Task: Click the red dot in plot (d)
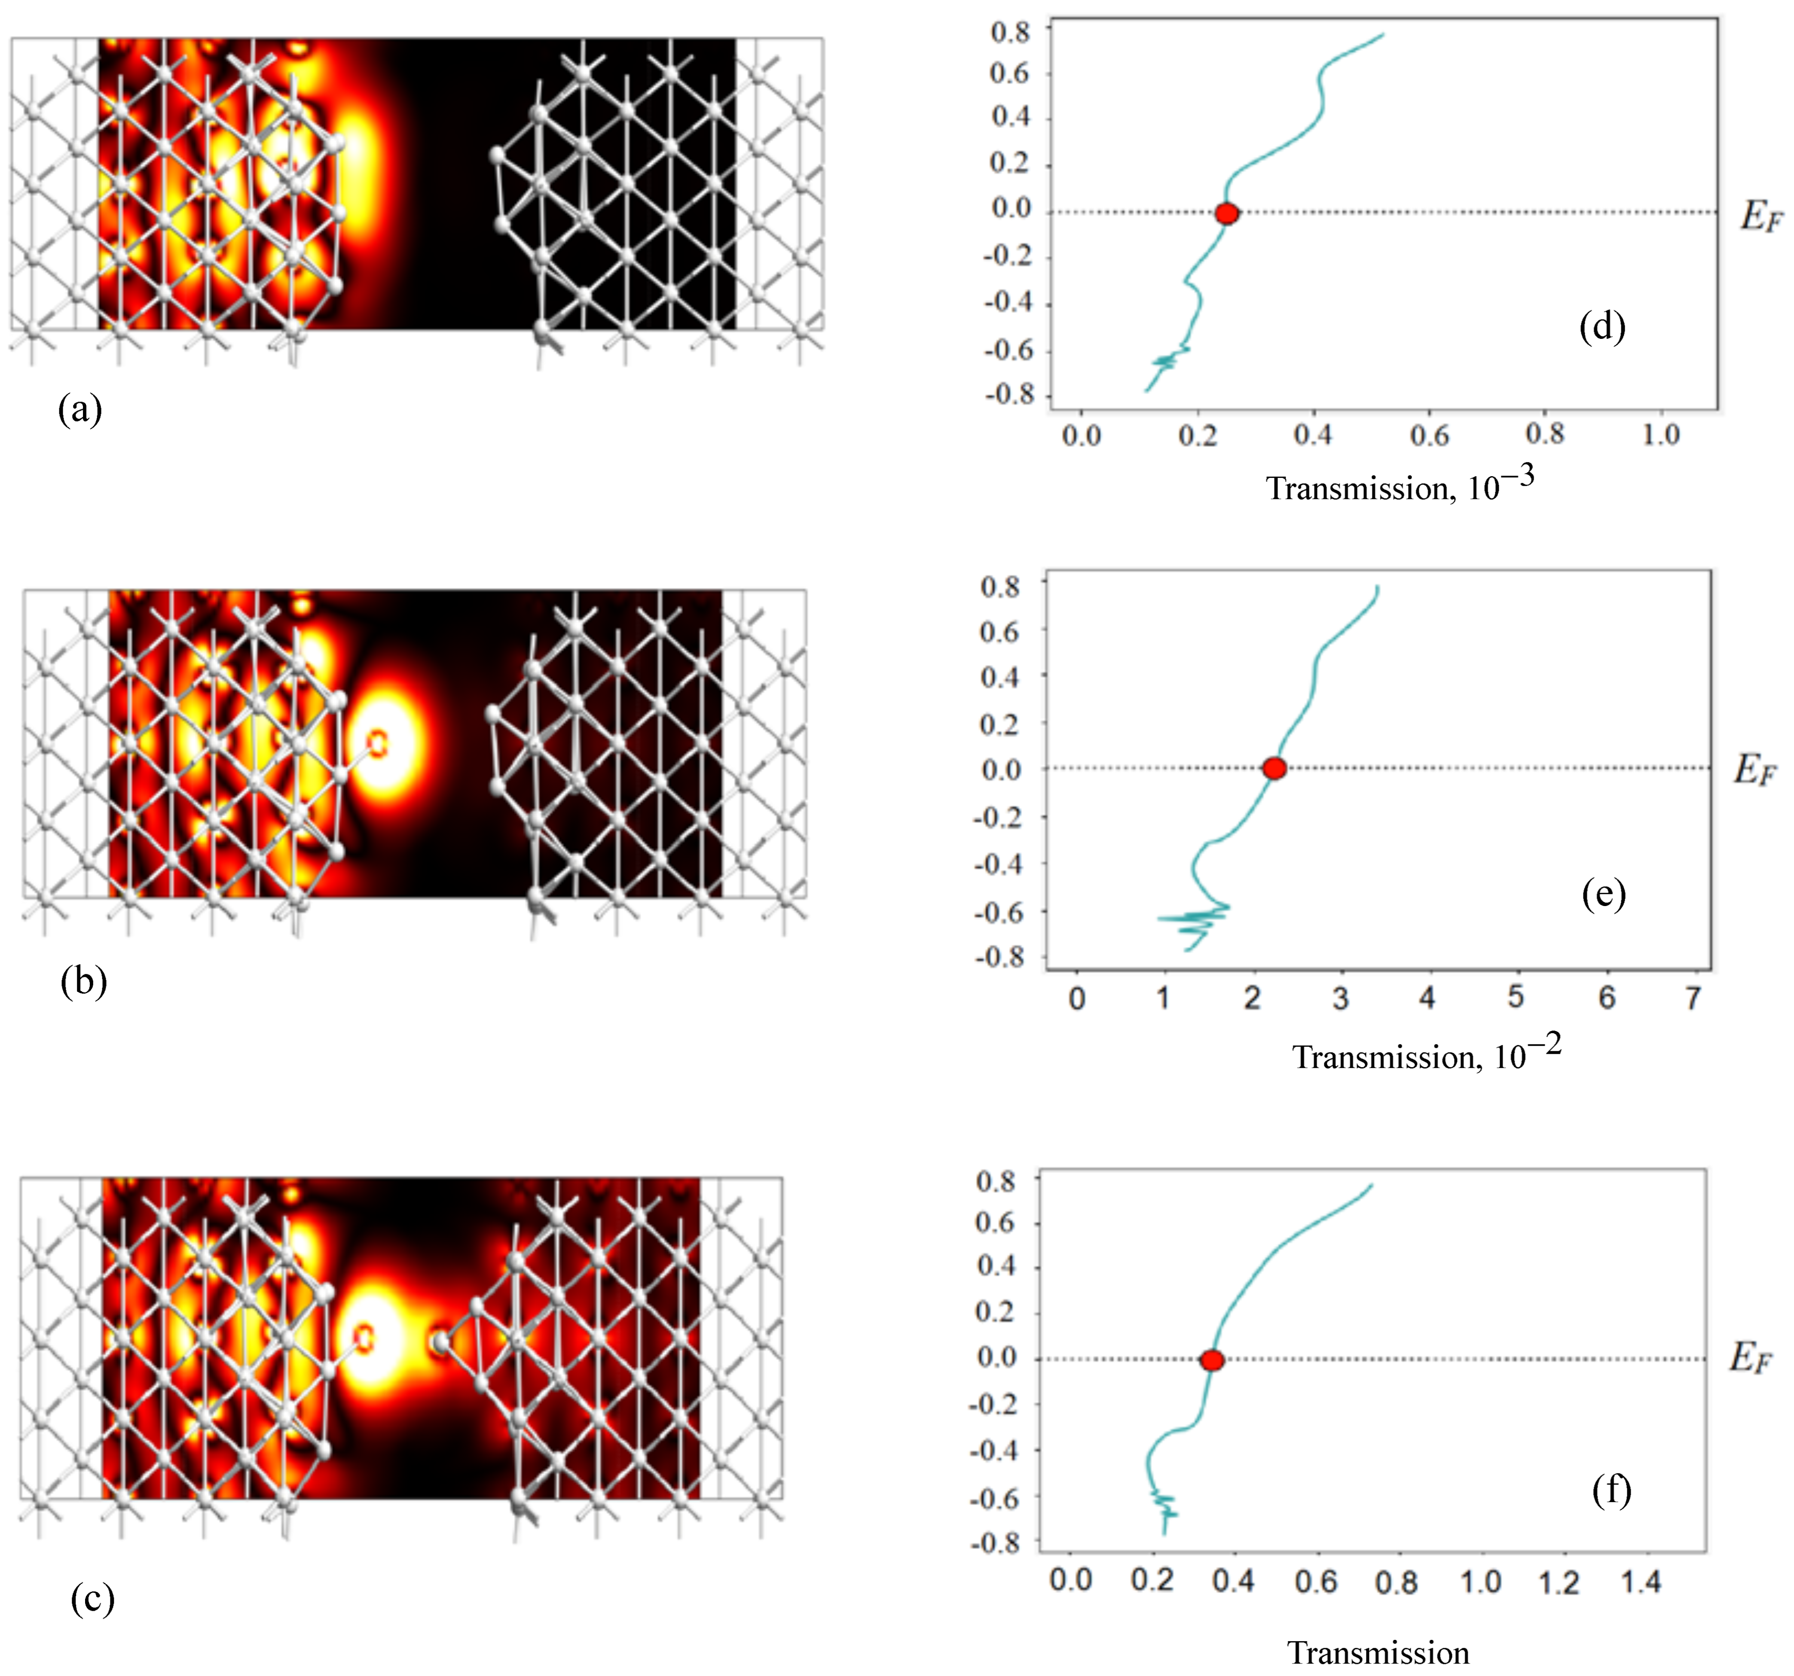pos(1226,214)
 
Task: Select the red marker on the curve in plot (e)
pos(1273,769)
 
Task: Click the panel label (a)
pos(80,411)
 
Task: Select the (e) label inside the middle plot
pos(1604,894)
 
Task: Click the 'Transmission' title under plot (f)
pos(1378,1652)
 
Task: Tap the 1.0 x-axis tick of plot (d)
pos(1660,436)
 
